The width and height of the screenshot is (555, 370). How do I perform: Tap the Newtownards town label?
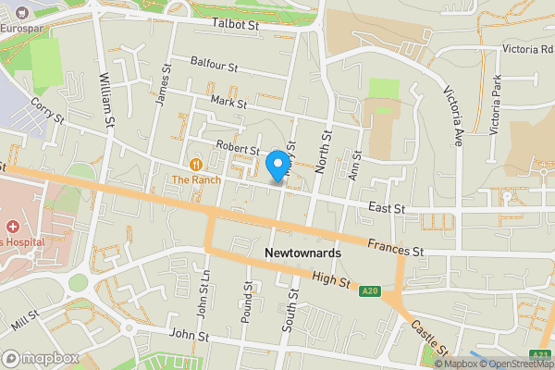(x=302, y=253)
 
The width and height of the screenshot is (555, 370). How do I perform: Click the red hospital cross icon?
(x=13, y=227)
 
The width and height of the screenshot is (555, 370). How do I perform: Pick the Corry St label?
(x=45, y=112)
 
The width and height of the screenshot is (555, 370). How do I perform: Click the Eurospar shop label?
(x=22, y=29)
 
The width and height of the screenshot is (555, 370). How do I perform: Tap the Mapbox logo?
(x=39, y=358)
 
